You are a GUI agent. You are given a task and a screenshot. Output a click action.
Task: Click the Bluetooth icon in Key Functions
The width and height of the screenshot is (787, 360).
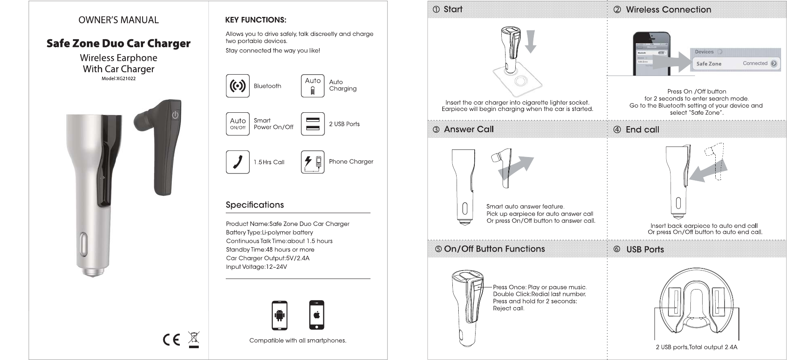[238, 86]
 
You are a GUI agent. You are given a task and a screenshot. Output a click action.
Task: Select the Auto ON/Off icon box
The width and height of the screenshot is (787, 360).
[238, 124]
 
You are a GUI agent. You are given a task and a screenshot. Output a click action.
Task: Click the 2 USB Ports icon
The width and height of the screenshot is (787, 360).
[313, 124]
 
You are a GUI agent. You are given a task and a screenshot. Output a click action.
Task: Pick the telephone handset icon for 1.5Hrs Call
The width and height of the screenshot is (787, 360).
[238, 162]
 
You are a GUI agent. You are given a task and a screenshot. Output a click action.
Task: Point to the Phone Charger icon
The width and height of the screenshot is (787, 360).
[313, 162]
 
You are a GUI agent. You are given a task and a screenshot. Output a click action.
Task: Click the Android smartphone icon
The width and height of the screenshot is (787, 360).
[279, 315]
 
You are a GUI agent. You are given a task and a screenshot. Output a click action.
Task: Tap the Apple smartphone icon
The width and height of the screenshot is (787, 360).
[317, 315]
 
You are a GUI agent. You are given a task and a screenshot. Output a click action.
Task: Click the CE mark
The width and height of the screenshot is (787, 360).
[171, 340]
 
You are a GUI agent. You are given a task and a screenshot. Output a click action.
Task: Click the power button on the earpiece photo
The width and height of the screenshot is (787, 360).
[175, 115]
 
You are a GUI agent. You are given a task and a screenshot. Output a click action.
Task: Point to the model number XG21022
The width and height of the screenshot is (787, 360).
[119, 78]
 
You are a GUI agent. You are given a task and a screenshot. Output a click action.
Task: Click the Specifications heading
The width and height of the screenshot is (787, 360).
[254, 205]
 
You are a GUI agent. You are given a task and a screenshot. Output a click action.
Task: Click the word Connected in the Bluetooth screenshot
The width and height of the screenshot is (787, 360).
[755, 63]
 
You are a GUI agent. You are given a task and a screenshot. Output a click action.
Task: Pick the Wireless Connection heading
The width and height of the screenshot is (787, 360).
[668, 10]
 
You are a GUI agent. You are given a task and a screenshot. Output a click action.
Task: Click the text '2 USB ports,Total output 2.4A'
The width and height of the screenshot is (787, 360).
[696, 347]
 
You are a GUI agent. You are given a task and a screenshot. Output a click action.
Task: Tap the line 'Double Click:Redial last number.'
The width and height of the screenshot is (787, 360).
[539, 294]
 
